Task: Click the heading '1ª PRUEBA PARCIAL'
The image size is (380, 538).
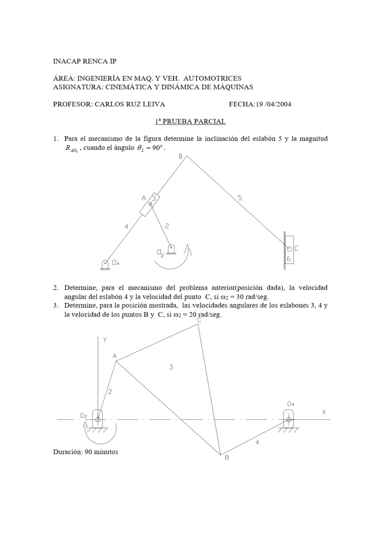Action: pos(190,121)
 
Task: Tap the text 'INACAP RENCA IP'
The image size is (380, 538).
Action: pos(85,62)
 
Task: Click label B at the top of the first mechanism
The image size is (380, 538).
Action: pos(180,156)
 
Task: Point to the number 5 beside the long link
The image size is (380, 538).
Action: pos(240,198)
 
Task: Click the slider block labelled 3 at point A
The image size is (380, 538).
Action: pos(150,204)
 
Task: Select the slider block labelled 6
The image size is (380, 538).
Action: pos(289,247)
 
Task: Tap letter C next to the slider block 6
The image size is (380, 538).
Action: pos(296,248)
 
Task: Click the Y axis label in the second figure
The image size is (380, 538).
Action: pos(105,340)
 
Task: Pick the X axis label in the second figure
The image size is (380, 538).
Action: pos(324,412)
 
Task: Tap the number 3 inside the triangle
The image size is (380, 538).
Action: pos(171,367)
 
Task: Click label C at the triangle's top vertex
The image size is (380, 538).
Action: pos(199,320)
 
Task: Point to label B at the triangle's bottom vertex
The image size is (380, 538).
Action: pos(227,458)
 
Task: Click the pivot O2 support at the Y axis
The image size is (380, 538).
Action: pos(98,419)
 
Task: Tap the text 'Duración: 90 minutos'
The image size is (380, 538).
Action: pos(86,452)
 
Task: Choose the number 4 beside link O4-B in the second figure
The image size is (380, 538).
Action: pos(257,442)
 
